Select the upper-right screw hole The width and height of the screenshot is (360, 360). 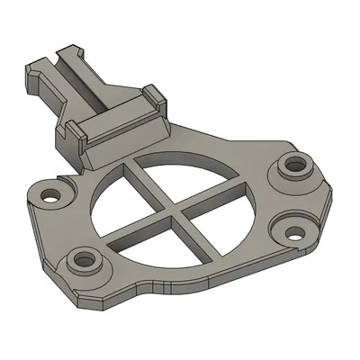click(293, 166)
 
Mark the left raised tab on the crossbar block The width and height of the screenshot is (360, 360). click(81, 133)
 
